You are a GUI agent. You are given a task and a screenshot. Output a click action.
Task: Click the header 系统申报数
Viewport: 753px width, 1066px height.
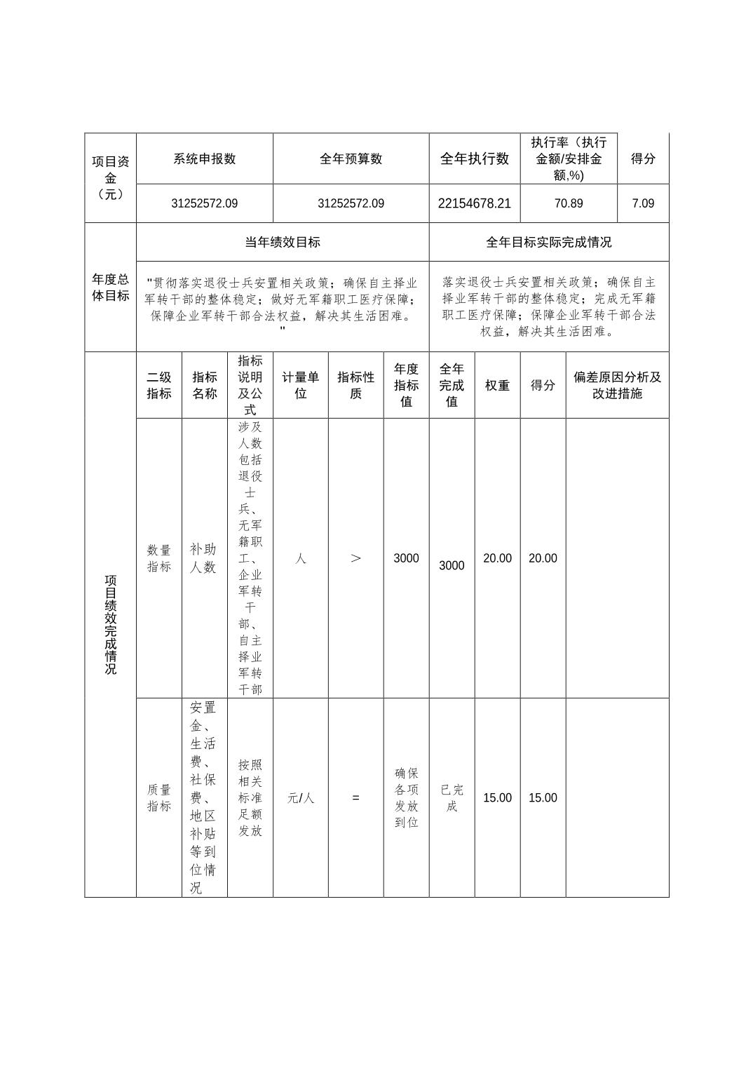click(204, 158)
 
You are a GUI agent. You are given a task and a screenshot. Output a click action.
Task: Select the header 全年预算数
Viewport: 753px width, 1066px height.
click(351, 158)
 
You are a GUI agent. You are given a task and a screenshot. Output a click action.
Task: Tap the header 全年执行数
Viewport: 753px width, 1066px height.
click(474, 158)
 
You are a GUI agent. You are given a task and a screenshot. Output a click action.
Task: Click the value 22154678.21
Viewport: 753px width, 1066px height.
click(474, 203)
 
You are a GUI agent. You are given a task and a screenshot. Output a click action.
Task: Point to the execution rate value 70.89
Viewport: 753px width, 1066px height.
click(568, 203)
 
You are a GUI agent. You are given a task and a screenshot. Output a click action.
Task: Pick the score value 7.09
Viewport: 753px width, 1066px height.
click(642, 203)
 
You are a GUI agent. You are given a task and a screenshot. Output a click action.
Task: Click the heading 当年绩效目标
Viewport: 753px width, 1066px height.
click(282, 242)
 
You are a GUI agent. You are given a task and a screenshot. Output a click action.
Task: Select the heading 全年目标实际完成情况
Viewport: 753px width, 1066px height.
click(548, 242)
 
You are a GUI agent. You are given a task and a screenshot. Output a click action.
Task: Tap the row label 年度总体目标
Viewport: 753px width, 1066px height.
click(110, 287)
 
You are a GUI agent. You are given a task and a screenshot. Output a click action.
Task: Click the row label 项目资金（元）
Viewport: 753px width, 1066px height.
click(110, 177)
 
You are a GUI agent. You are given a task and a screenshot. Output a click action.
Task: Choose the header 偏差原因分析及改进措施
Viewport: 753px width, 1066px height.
click(617, 385)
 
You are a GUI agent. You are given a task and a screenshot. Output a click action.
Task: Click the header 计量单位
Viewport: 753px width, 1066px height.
click(300, 385)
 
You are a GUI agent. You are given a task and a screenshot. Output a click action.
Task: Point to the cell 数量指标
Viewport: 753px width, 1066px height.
click(159, 558)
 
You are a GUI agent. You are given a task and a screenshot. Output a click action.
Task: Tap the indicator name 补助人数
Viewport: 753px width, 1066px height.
click(204, 558)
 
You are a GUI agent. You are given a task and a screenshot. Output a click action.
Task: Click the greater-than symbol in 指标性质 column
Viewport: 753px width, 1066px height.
click(355, 558)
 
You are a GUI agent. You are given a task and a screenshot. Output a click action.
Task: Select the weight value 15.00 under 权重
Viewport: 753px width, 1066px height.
click(497, 797)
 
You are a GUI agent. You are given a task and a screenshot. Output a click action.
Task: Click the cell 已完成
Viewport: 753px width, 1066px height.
click(452, 797)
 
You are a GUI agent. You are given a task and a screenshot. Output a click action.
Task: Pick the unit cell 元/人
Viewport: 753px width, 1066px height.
click(300, 797)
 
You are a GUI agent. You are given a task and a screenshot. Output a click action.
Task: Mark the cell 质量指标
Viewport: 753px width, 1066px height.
click(159, 797)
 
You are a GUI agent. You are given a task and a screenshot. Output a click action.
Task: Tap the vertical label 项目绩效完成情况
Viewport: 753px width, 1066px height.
click(110, 624)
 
